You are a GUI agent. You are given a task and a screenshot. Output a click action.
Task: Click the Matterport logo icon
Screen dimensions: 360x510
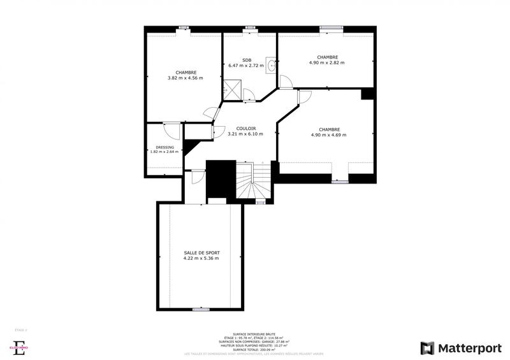pyautogui.click(x=428, y=348)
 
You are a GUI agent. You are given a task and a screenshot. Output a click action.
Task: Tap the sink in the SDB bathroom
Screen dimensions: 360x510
pyautogui.click(x=272, y=64)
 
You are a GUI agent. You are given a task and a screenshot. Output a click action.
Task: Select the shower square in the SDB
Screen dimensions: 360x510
pyautogui.click(x=232, y=89)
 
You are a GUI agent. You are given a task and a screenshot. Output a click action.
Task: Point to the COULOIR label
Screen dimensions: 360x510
pyautogui.click(x=245, y=128)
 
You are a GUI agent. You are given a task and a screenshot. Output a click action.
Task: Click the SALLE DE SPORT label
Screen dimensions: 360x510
pyautogui.click(x=201, y=253)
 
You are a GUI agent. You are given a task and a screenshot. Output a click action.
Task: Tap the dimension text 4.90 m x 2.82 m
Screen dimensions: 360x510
pyautogui.click(x=326, y=62)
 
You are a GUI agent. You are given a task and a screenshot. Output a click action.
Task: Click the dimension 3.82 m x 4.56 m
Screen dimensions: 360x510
pyautogui.click(x=185, y=78)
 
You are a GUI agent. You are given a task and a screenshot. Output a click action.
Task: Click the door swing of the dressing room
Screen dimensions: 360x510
pyautogui.click(x=171, y=129)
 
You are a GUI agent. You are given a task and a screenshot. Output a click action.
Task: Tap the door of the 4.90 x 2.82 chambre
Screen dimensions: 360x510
pyautogui.click(x=286, y=81)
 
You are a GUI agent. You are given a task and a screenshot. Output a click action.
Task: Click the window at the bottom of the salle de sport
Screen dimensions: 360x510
pyautogui.click(x=201, y=309)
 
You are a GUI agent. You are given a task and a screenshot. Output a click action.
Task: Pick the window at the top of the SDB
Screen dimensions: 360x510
pyautogui.click(x=250, y=27)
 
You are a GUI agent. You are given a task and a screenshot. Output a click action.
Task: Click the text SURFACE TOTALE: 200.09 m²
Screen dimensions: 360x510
pyautogui.click(x=254, y=350)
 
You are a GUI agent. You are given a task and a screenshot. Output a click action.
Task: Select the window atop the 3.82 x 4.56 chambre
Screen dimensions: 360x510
pyautogui.click(x=184, y=27)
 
